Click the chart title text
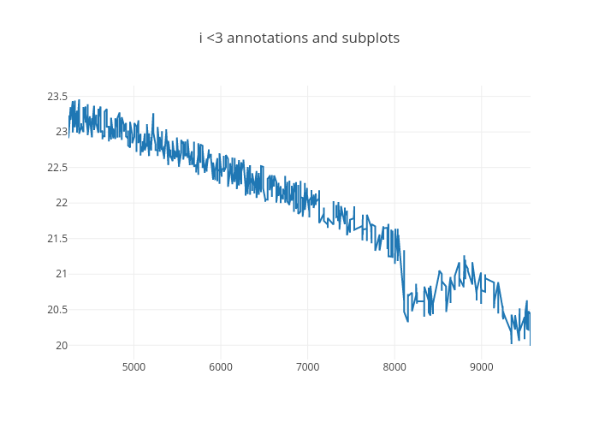click(299, 39)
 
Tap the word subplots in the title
click(369, 39)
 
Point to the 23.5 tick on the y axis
click(57, 96)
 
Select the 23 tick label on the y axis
click(62, 132)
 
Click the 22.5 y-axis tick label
click(57, 167)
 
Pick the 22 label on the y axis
click(62, 203)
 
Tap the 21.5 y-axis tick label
click(57, 239)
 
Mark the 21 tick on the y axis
click(62, 274)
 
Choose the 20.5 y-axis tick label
click(57, 310)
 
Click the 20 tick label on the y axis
click(62, 345)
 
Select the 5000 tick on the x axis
click(133, 367)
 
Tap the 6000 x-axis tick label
click(221, 367)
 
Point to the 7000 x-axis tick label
click(307, 367)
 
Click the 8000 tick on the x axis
click(394, 367)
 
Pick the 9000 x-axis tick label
click(481, 367)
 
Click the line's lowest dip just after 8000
click(407, 321)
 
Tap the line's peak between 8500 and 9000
click(465, 256)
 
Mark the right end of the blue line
click(530, 344)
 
